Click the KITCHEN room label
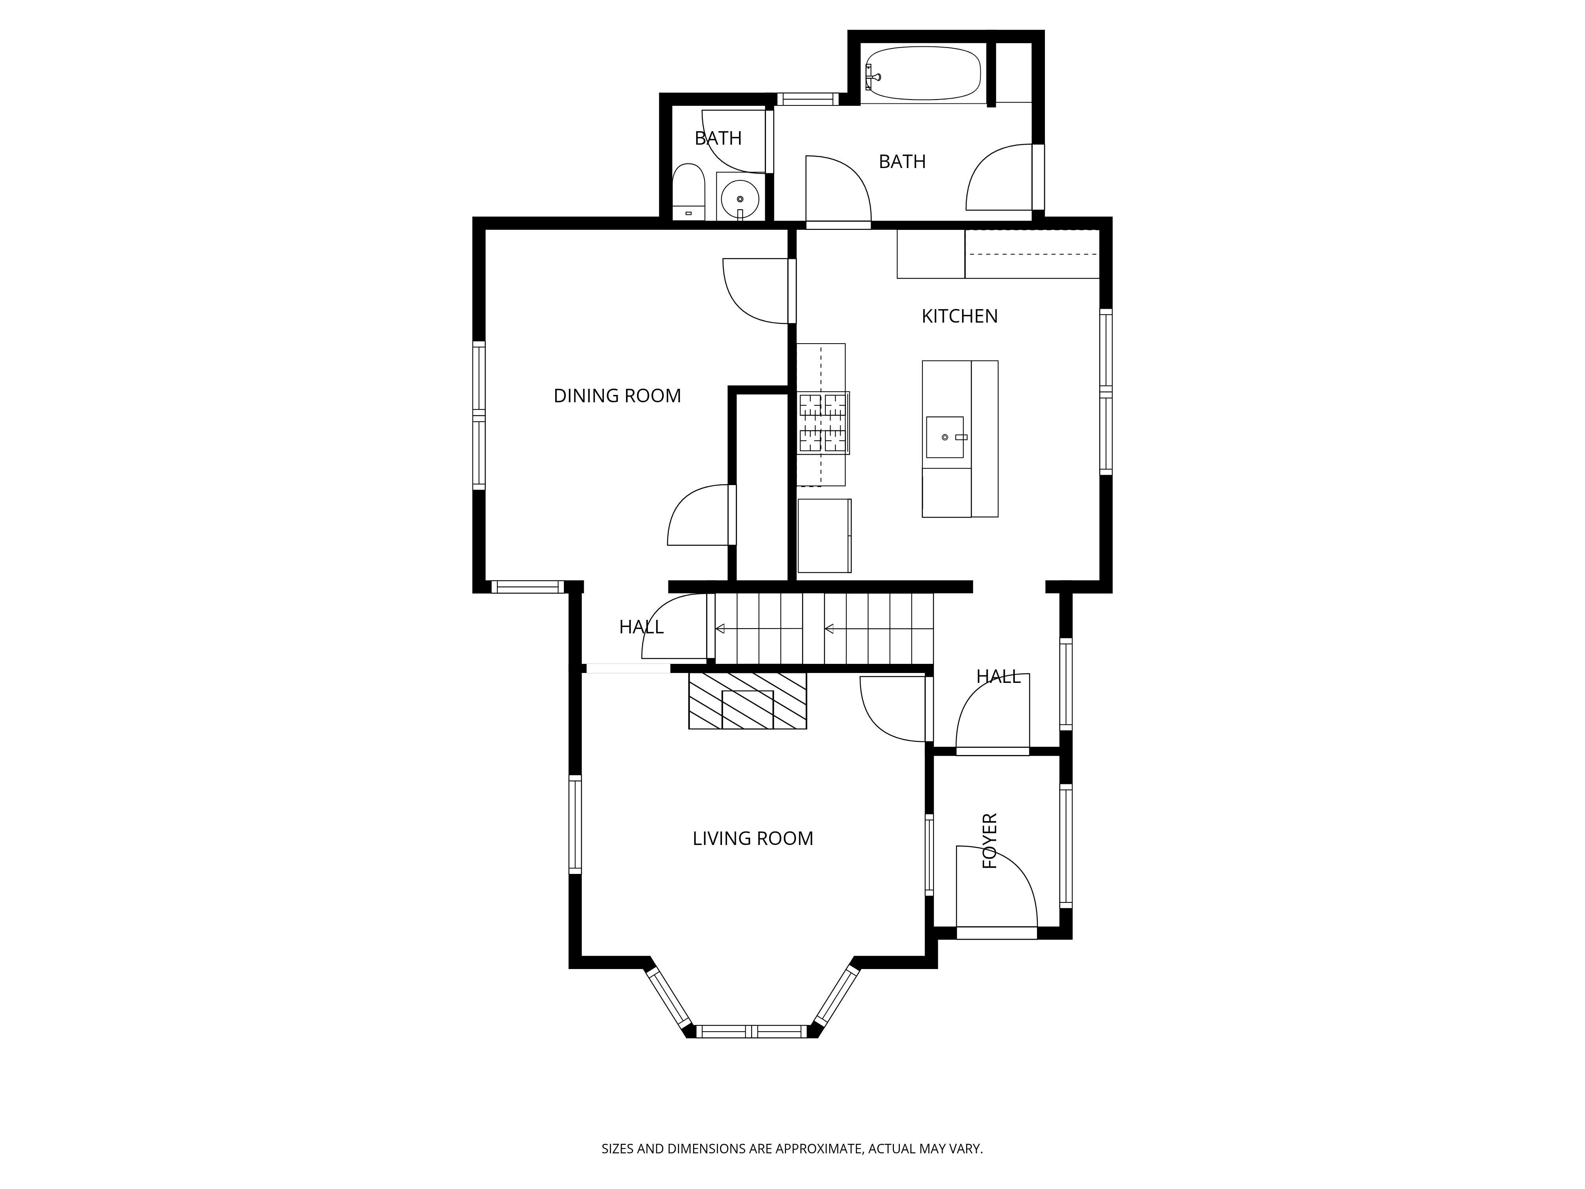pos(959,316)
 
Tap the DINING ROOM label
pos(617,396)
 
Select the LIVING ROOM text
pos(752,839)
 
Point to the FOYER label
pos(989,841)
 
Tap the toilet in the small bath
pos(689,192)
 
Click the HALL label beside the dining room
pos(641,627)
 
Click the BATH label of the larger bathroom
pos(902,162)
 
